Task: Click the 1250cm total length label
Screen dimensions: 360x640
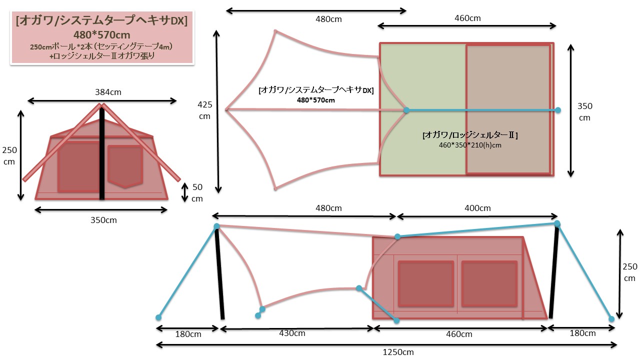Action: point(398,352)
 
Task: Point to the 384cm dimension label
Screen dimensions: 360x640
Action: point(108,92)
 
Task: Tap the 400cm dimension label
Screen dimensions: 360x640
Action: point(477,208)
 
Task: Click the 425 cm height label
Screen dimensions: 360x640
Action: point(205,110)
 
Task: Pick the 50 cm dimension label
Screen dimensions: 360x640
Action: point(197,192)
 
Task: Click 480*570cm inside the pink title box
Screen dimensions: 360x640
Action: point(101,35)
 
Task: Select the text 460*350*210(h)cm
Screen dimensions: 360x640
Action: point(469,145)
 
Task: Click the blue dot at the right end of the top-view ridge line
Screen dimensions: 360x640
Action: point(558,110)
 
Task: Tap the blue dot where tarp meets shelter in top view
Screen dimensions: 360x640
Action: point(406,110)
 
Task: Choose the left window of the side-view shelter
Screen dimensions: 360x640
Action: point(425,283)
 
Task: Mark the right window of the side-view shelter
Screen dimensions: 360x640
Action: point(489,283)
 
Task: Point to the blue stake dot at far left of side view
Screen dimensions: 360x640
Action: point(158,317)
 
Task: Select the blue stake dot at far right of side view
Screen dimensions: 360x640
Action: point(611,318)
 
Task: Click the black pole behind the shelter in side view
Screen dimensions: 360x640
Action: point(554,272)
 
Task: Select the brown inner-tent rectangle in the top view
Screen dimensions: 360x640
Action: point(508,109)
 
